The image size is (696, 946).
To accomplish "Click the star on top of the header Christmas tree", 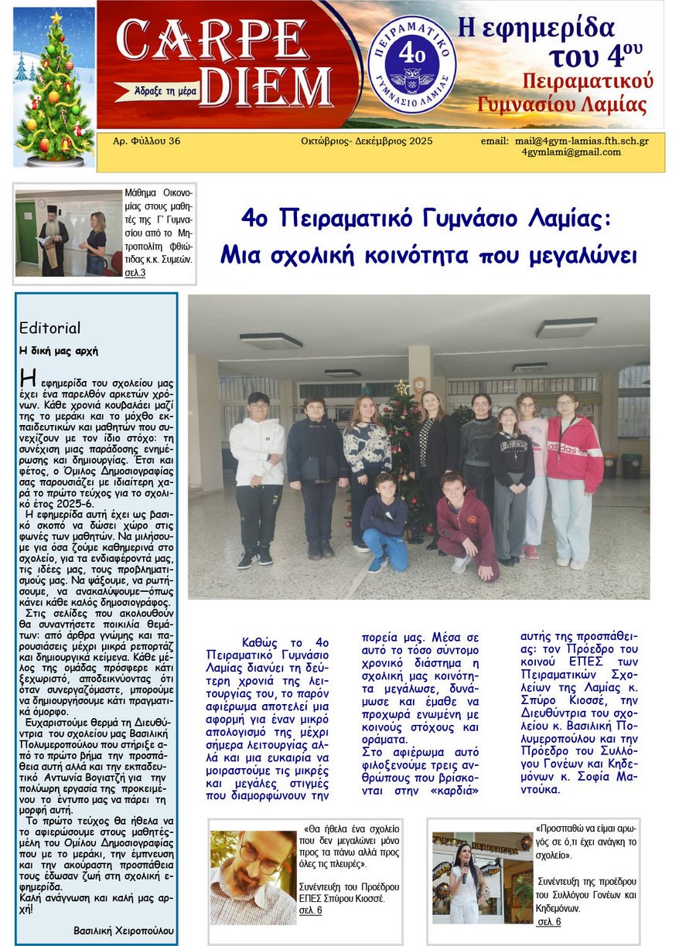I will (56, 16).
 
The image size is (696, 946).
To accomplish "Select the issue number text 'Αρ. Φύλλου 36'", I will (146, 141).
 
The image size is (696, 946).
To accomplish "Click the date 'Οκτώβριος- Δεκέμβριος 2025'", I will (367, 141).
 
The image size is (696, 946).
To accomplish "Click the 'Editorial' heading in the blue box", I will (49, 328).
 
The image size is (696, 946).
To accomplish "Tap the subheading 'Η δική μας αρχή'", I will (59, 350).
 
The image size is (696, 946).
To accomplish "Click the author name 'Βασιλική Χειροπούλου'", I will (124, 930).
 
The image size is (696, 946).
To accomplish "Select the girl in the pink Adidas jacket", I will (573, 475).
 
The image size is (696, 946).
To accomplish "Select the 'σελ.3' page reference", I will (135, 273).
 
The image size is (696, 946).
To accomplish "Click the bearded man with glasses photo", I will (252, 876).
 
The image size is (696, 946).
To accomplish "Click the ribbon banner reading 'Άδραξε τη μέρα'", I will (159, 91).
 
